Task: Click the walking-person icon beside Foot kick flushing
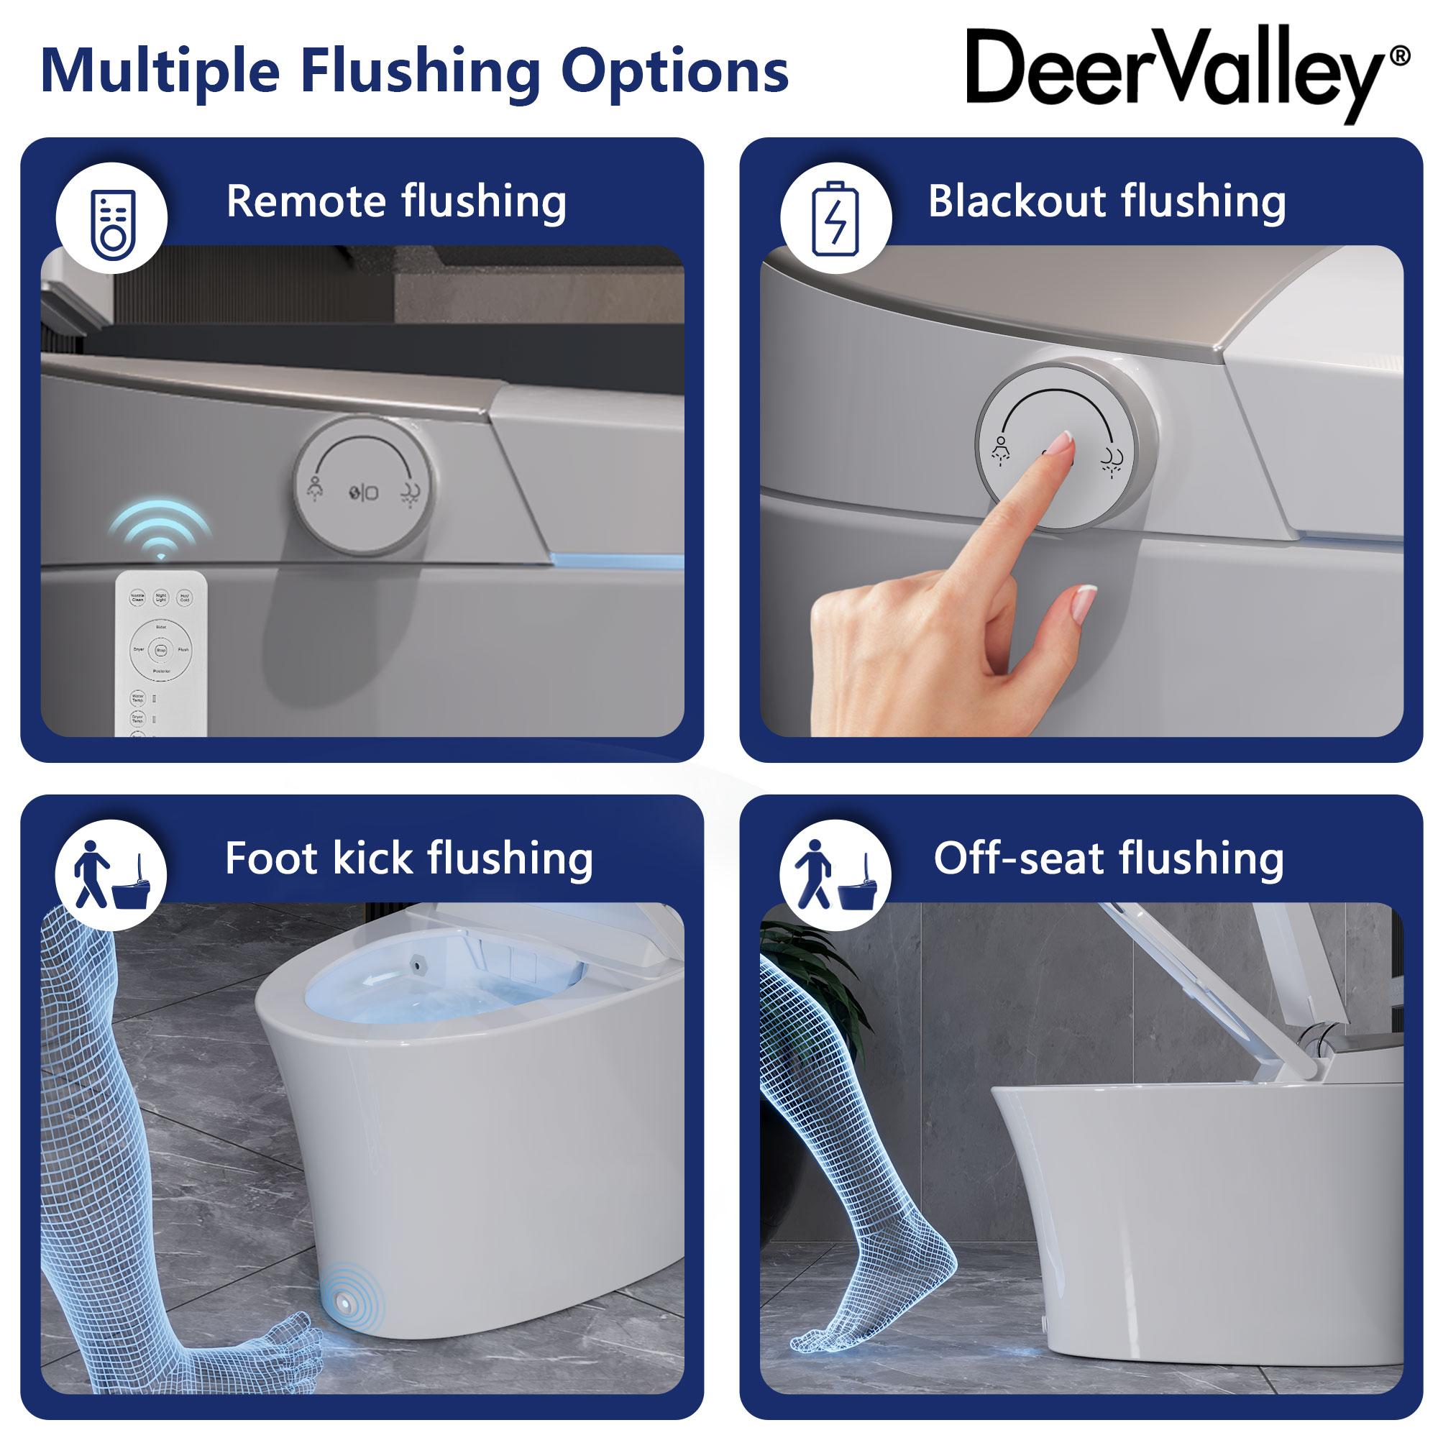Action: [x=112, y=875]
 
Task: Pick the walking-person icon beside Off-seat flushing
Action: [x=835, y=875]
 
